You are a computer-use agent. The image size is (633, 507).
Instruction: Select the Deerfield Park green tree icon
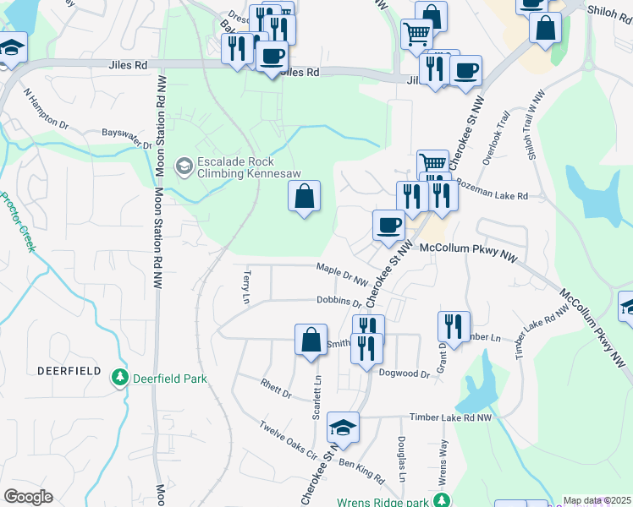[x=121, y=378]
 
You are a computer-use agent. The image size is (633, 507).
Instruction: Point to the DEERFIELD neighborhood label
[x=69, y=371]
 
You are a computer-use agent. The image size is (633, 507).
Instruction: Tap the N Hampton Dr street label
[x=46, y=110]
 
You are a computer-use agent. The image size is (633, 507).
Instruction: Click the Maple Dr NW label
[x=342, y=274]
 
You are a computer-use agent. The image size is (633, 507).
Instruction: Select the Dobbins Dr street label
[x=339, y=302]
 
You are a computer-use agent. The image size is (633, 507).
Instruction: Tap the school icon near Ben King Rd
[x=344, y=428]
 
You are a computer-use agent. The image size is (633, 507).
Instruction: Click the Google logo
[x=28, y=497]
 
